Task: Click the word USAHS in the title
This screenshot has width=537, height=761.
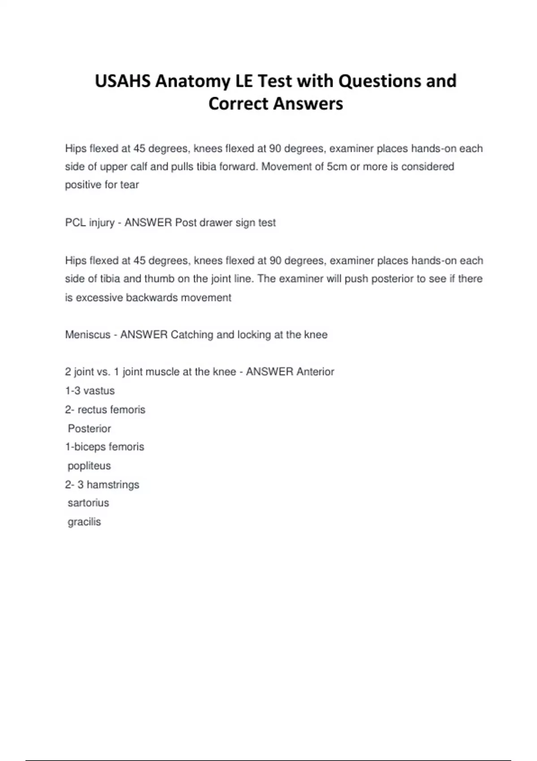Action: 122,81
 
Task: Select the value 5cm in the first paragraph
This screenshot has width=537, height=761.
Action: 337,167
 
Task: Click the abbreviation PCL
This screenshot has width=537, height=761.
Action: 75,222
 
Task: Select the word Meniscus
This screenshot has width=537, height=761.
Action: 88,334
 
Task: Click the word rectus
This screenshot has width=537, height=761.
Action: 92,410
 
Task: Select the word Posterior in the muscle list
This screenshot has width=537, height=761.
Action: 89,428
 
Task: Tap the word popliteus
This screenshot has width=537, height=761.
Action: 89,466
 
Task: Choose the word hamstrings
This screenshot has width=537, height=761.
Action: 113,484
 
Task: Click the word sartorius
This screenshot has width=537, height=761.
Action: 88,503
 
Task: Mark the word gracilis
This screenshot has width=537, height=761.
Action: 84,522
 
